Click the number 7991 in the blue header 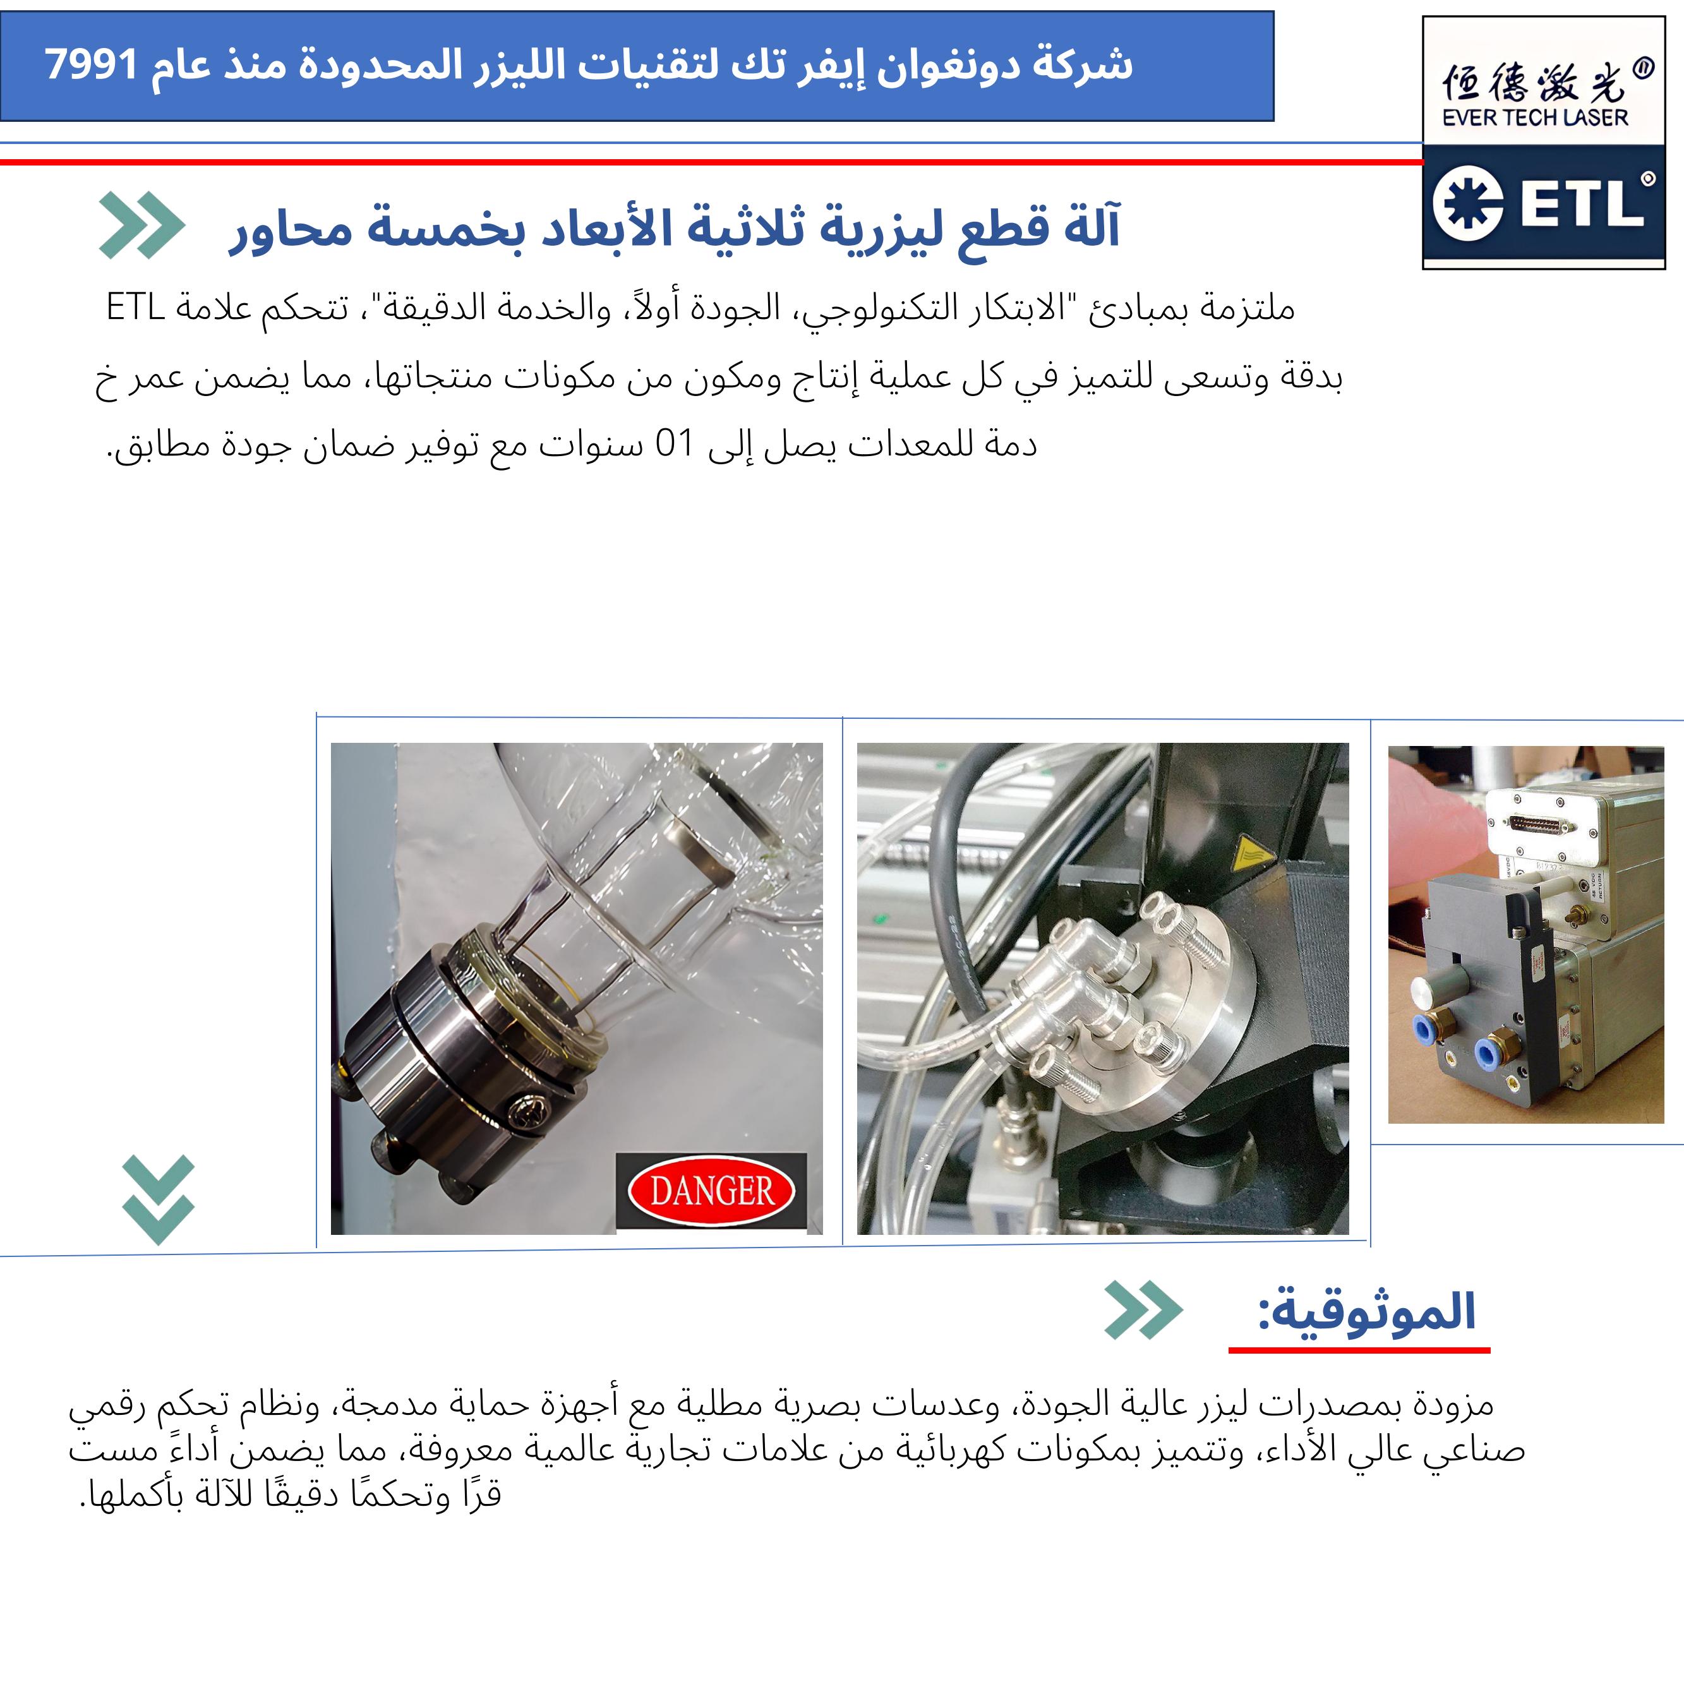(x=92, y=65)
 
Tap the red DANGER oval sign (x=711, y=1191)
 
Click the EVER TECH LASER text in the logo (x=1535, y=117)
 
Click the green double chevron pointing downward (x=158, y=1200)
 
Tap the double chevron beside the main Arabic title (x=142, y=225)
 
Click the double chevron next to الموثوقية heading (x=1143, y=1310)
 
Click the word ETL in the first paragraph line (x=135, y=307)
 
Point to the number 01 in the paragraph (x=674, y=445)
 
